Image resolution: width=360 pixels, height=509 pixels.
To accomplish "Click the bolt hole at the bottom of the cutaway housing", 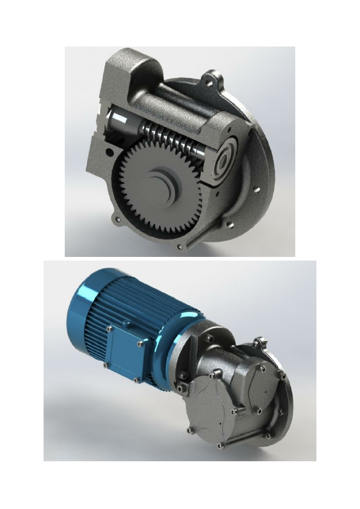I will click(180, 247).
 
